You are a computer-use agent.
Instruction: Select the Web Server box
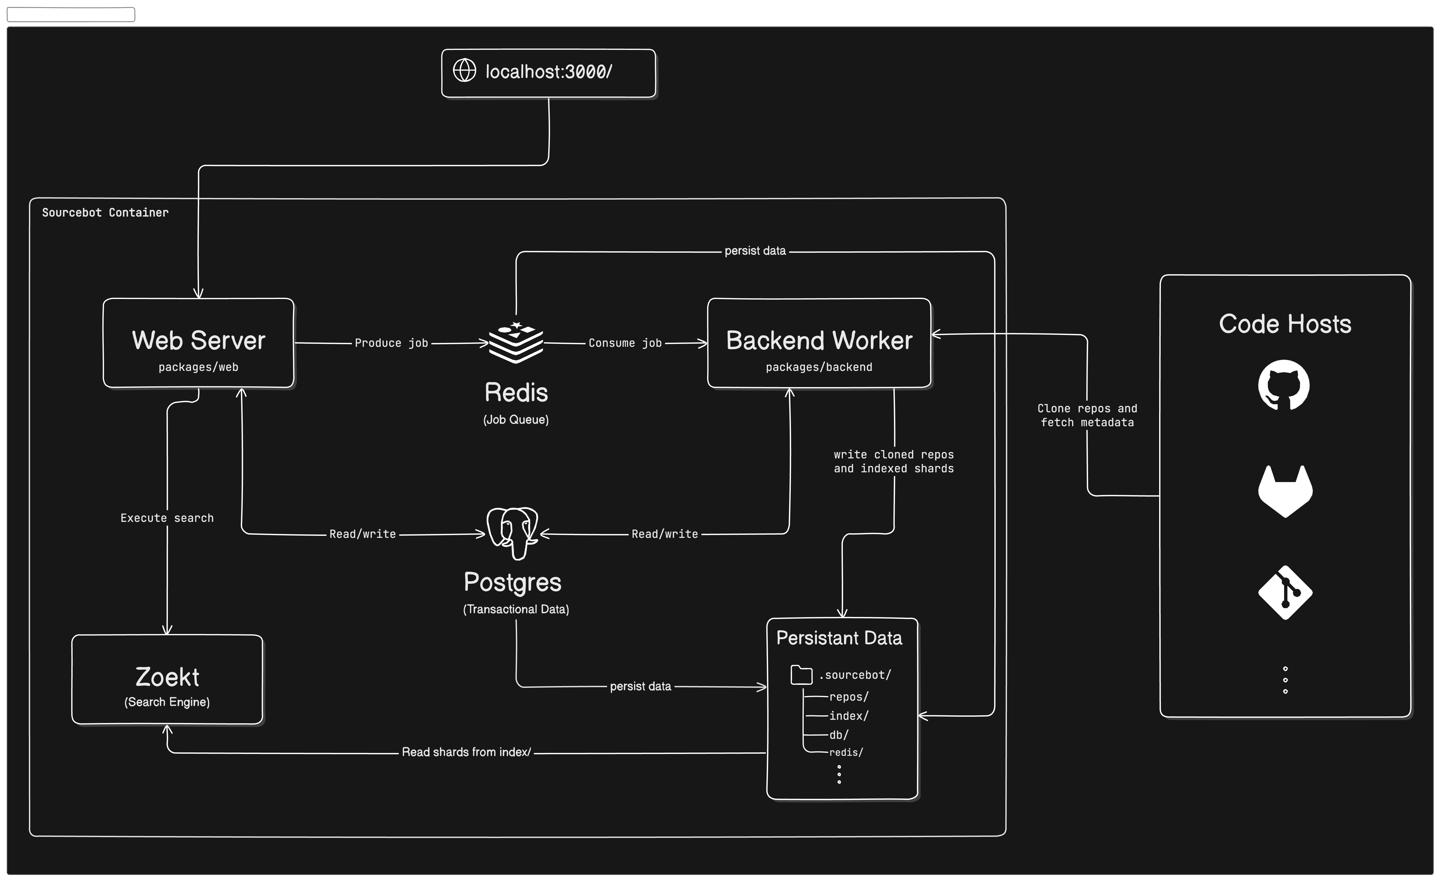(x=198, y=343)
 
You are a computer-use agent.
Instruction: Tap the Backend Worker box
(x=819, y=343)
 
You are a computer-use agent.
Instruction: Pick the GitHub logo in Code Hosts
(x=1284, y=385)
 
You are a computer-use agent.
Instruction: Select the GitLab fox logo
(x=1285, y=490)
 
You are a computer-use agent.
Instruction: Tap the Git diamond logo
(x=1285, y=592)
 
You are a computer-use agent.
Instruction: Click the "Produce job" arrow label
(x=391, y=343)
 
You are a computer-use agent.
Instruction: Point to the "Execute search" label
(x=167, y=518)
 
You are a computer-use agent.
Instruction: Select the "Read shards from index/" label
(x=466, y=752)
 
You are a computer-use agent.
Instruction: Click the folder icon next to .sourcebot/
(x=801, y=675)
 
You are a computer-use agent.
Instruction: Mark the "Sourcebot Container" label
(x=105, y=212)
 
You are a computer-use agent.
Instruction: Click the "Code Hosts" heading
(x=1285, y=324)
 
